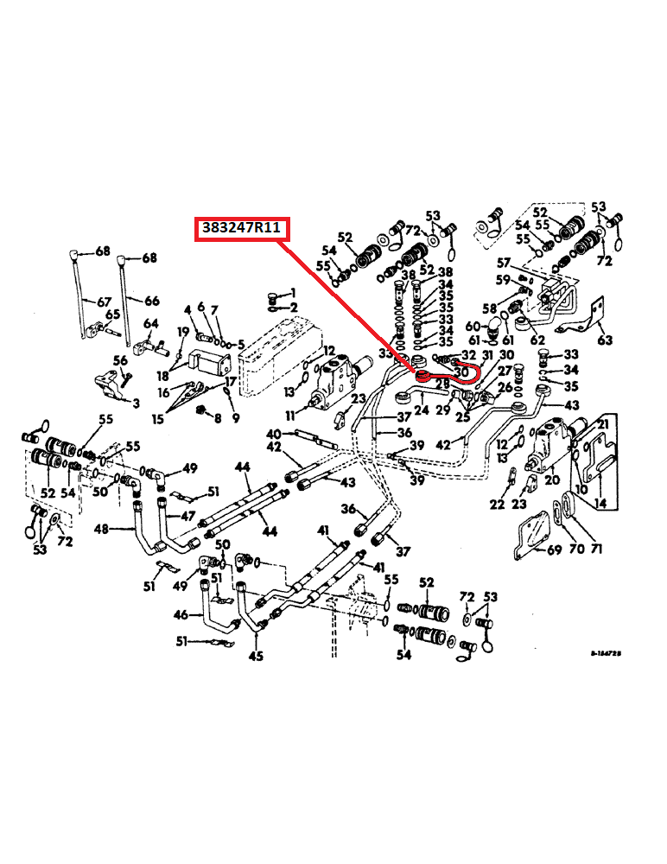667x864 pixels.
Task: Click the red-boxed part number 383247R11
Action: [x=242, y=229]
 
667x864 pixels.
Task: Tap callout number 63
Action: [x=605, y=340]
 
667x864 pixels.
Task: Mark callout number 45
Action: [x=257, y=657]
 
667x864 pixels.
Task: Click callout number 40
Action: [x=274, y=433]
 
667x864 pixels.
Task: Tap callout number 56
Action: [x=120, y=360]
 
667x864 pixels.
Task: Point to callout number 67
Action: [x=104, y=302]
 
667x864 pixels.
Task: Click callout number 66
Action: [x=151, y=301]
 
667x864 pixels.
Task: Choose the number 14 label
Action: [x=599, y=502]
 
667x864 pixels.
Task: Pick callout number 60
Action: [x=473, y=326]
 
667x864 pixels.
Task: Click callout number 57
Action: [x=504, y=262]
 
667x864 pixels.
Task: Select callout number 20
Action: [x=552, y=480]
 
